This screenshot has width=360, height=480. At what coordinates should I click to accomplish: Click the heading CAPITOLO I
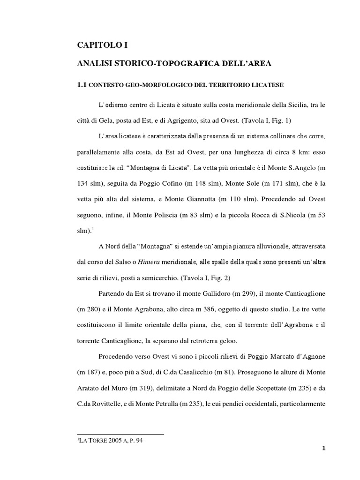click(x=102, y=45)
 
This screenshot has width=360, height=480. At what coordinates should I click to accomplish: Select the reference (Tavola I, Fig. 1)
click(x=265, y=120)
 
